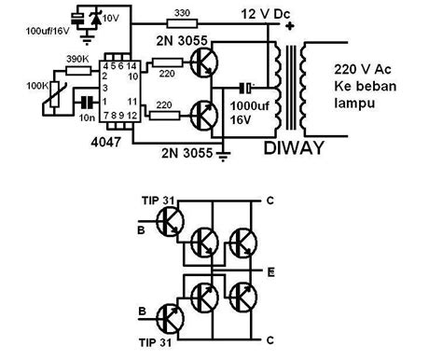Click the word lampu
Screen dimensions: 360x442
click(354, 100)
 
